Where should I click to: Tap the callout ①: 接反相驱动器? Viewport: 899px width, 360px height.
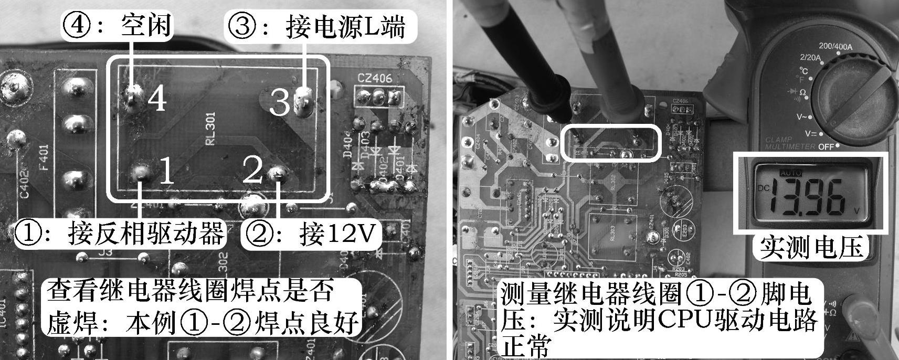tap(120, 234)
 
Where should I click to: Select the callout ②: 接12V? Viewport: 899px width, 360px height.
tap(311, 234)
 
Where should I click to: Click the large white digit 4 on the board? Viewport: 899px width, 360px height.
tap(156, 98)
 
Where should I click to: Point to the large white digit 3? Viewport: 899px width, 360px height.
tap(279, 102)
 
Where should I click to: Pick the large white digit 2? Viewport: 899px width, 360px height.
tap(253, 169)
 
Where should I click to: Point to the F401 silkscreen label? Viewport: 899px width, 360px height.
tap(44, 157)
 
